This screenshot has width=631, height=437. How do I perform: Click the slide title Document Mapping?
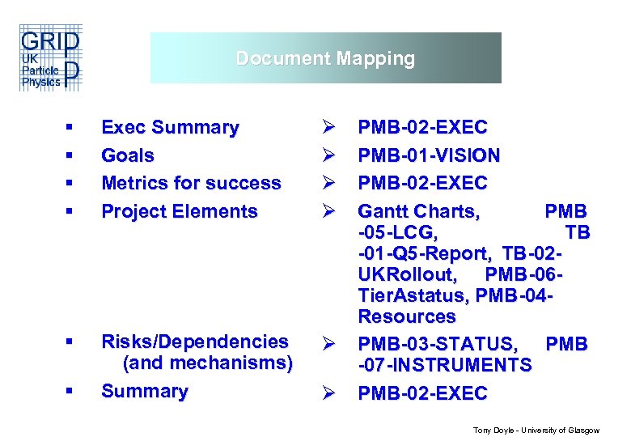tap(325, 58)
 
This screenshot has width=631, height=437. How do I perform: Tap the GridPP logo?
tap(49, 58)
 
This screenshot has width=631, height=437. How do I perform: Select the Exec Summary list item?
tap(170, 128)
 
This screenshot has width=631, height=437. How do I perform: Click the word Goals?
tap(128, 155)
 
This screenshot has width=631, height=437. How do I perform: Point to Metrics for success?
tap(191, 184)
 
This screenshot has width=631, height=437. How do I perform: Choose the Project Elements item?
tap(179, 211)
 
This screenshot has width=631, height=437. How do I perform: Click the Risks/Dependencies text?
tap(194, 342)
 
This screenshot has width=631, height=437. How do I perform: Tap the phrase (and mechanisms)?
tap(207, 363)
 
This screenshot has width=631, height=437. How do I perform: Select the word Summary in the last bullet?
tap(144, 391)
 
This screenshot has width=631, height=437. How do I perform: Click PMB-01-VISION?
tap(429, 155)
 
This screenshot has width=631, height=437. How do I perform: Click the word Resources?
tap(407, 316)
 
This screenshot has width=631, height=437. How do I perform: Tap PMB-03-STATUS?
tap(441, 344)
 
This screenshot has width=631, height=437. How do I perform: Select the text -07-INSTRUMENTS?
tap(445, 366)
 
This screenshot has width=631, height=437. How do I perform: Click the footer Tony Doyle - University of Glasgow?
tap(536, 431)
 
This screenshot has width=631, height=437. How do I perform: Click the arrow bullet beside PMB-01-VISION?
tap(328, 155)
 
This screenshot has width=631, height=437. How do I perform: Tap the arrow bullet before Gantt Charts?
tap(328, 212)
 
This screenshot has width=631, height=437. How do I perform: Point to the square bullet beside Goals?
tap(70, 155)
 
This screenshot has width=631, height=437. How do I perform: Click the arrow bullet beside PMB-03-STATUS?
tap(328, 344)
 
